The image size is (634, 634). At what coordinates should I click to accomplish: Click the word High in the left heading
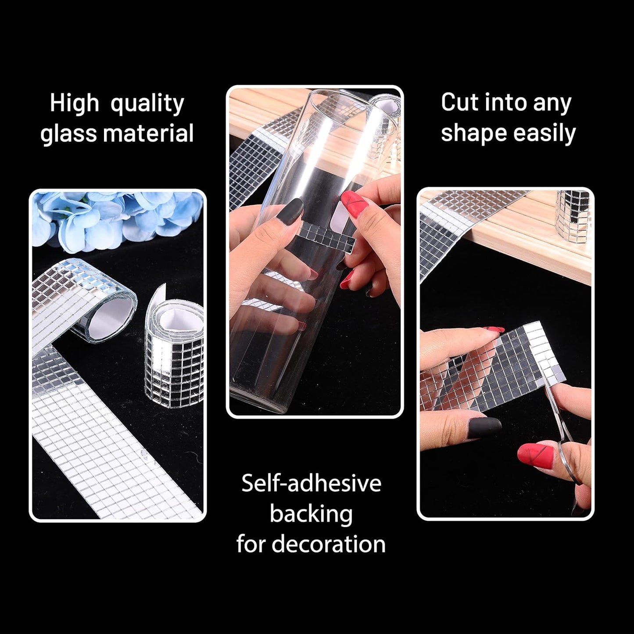pos(74,104)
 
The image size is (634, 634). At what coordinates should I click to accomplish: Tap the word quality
pos(147,104)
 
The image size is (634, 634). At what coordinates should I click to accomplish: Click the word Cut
pos(459,102)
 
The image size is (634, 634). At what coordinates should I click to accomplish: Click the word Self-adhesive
pos(311,483)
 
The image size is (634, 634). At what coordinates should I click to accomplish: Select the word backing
pos(311,514)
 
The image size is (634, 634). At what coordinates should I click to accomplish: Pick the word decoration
pos(328,544)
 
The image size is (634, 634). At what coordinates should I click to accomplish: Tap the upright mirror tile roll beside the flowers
pos(174,351)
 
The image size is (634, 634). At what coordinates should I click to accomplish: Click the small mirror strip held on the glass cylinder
pos(327,236)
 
